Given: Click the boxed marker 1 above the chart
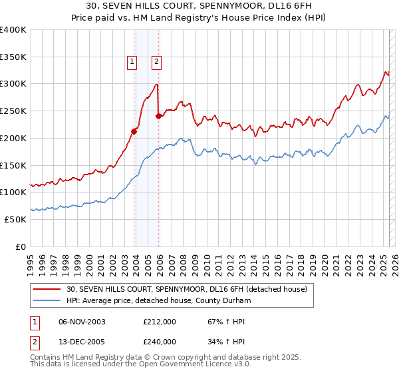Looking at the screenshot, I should click(132, 62).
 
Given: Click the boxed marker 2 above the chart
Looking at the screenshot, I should click(157, 62).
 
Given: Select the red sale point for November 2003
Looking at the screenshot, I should click(134, 131).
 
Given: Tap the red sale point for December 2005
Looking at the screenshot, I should click(159, 116).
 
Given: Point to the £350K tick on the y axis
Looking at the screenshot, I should click(13, 57).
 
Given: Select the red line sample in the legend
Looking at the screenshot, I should click(47, 290).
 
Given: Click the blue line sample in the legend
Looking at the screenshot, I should click(47, 301).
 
